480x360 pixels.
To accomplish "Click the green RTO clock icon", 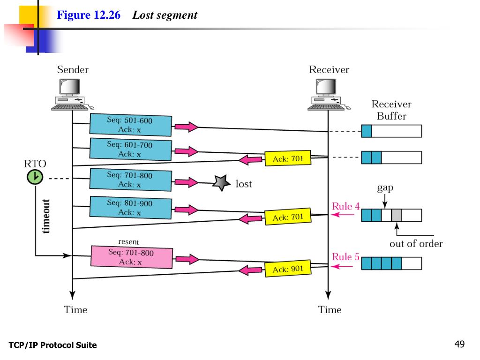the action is pyautogui.click(x=35, y=177).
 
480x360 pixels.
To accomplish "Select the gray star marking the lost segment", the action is pyautogui.click(x=221, y=183).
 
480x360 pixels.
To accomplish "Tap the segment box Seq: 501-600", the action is pyautogui.click(x=130, y=125).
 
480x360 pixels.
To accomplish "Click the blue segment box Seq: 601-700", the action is pyautogui.click(x=130, y=150).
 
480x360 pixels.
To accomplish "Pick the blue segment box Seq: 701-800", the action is pyautogui.click(x=130, y=180).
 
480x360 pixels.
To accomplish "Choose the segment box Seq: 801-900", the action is pyautogui.click(x=130, y=208).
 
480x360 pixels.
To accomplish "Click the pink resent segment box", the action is pyautogui.click(x=132, y=257).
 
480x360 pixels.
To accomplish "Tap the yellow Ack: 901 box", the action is pyautogui.click(x=288, y=269).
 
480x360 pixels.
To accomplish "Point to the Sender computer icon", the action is pyautogui.click(x=72, y=94).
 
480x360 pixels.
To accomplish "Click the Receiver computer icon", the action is pyautogui.click(x=329, y=94).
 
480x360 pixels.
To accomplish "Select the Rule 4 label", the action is pyautogui.click(x=345, y=206).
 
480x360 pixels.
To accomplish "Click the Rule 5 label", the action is pyautogui.click(x=345, y=257).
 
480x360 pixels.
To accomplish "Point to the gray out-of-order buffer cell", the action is pyautogui.click(x=397, y=215).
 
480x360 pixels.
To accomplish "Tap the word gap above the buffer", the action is pyautogui.click(x=385, y=187).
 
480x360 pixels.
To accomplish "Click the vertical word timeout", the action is pyautogui.click(x=45, y=216).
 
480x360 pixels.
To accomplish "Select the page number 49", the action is pyautogui.click(x=459, y=344).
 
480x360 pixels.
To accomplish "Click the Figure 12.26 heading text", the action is pyautogui.click(x=89, y=15).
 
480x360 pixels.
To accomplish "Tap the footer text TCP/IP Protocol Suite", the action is pyautogui.click(x=52, y=345).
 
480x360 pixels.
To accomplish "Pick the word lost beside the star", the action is pyautogui.click(x=244, y=184).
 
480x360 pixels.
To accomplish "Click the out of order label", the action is pyautogui.click(x=416, y=244).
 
